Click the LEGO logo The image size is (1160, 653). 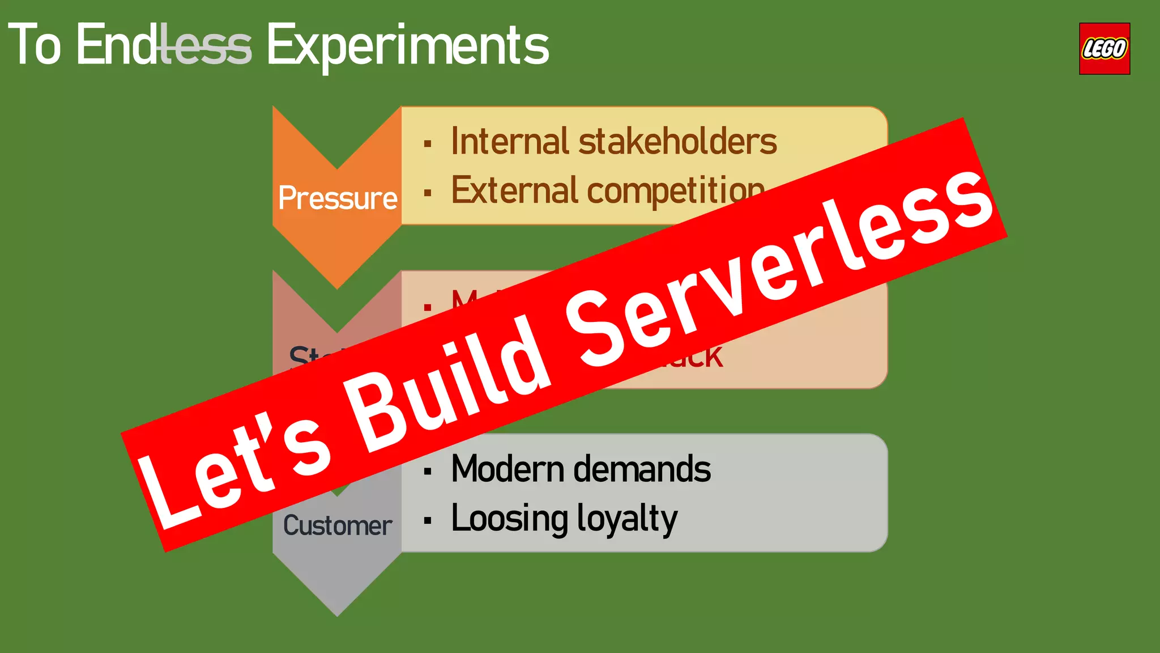(x=1104, y=49)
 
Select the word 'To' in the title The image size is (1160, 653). (x=34, y=45)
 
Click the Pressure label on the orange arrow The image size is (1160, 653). (x=338, y=198)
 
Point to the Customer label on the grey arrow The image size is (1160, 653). (x=338, y=525)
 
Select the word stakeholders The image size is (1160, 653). (x=677, y=141)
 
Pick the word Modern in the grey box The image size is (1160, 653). (x=507, y=469)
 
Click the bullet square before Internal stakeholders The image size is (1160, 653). (x=428, y=143)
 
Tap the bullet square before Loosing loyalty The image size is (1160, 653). (x=428, y=520)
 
